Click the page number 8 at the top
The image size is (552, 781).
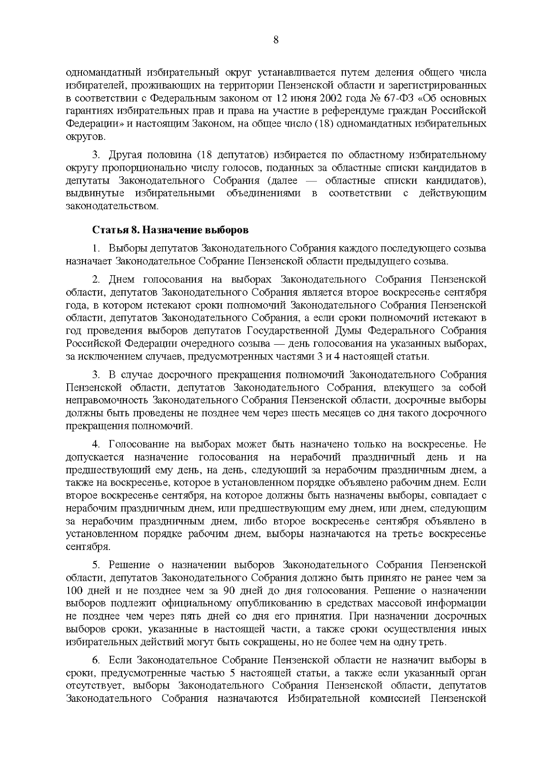276,40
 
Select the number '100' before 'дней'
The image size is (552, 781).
73,590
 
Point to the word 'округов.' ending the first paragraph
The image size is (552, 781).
86,137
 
